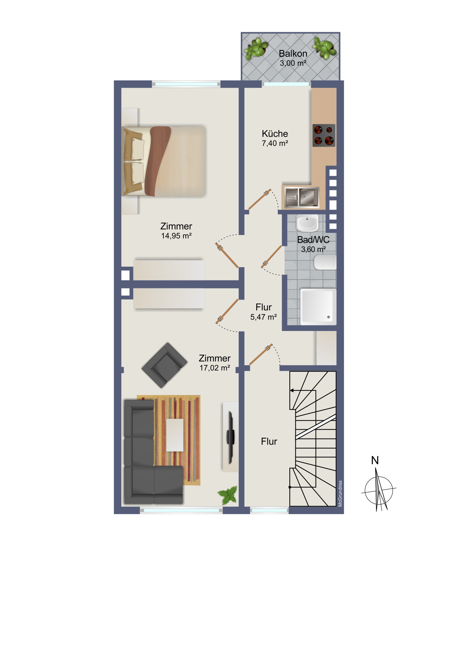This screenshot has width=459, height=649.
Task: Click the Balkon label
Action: click(293, 53)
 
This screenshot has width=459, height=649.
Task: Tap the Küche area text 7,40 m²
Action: click(275, 143)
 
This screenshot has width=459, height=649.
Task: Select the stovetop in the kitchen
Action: click(324, 135)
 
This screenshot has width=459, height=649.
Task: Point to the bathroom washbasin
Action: click(307, 223)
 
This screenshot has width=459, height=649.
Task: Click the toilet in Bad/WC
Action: click(325, 262)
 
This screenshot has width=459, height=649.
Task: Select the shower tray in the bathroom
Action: click(318, 307)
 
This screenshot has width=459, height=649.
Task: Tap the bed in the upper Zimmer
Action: click(163, 161)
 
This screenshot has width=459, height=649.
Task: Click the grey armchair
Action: click(164, 365)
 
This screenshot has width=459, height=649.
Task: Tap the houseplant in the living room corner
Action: click(228, 495)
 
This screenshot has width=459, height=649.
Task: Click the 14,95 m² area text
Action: click(176, 236)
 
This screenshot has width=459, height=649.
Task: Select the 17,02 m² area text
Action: click(215, 368)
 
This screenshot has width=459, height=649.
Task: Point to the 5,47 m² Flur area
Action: click(264, 317)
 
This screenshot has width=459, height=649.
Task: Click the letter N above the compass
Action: click(375, 460)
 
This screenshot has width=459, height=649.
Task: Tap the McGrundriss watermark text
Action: click(340, 494)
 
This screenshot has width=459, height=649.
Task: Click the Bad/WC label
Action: click(313, 240)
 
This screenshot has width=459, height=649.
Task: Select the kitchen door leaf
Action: click(260, 199)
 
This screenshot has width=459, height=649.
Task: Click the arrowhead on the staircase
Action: click(292, 390)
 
